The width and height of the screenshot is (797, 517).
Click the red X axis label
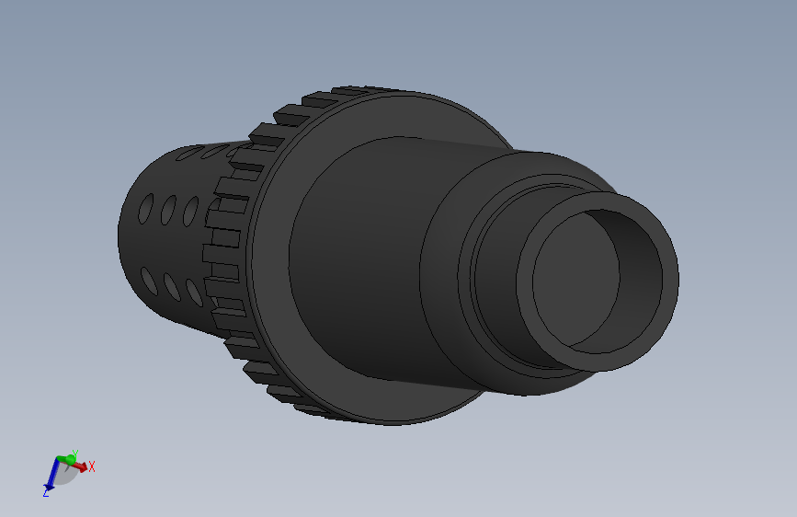[x=92, y=466]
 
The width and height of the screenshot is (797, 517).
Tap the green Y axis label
[x=75, y=453]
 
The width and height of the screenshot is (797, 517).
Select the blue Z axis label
[x=45, y=494]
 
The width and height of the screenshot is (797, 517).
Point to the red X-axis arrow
[x=81, y=466]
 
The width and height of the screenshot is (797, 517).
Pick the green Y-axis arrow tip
[x=68, y=456]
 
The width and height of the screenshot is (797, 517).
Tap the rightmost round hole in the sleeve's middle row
[x=191, y=213]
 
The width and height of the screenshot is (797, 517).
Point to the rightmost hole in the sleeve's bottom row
[x=194, y=292]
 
